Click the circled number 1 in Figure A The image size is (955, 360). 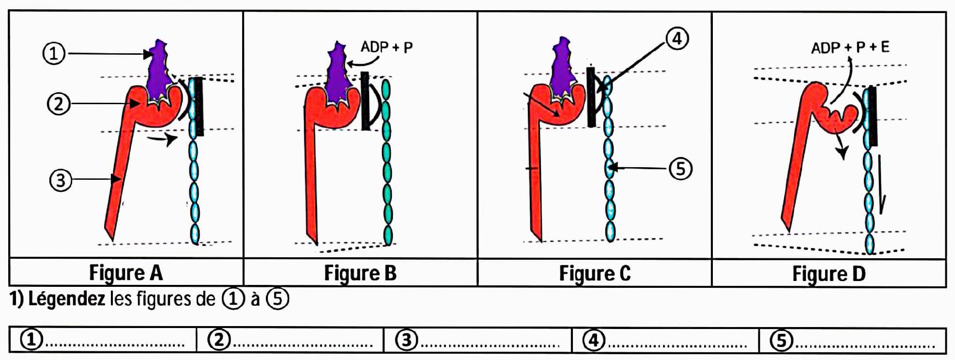(54, 53)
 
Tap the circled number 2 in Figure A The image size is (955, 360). (59, 104)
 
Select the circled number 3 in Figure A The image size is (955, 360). (61, 180)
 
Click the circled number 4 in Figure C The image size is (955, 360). (677, 38)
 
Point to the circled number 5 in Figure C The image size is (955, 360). (680, 169)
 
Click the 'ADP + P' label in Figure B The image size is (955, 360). (386, 47)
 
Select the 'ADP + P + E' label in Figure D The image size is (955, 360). (850, 47)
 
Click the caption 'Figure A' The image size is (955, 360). (126, 273)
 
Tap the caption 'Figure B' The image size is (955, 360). (360, 273)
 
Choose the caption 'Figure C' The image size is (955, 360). (595, 273)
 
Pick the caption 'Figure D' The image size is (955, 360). (829, 273)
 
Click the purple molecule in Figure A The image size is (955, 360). (158, 73)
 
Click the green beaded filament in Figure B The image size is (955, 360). (386, 165)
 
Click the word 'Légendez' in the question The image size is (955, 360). (67, 299)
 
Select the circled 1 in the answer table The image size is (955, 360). (31, 340)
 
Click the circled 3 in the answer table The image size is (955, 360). (407, 340)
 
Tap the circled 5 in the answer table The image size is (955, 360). (782, 340)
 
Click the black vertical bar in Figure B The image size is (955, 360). (365, 101)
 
